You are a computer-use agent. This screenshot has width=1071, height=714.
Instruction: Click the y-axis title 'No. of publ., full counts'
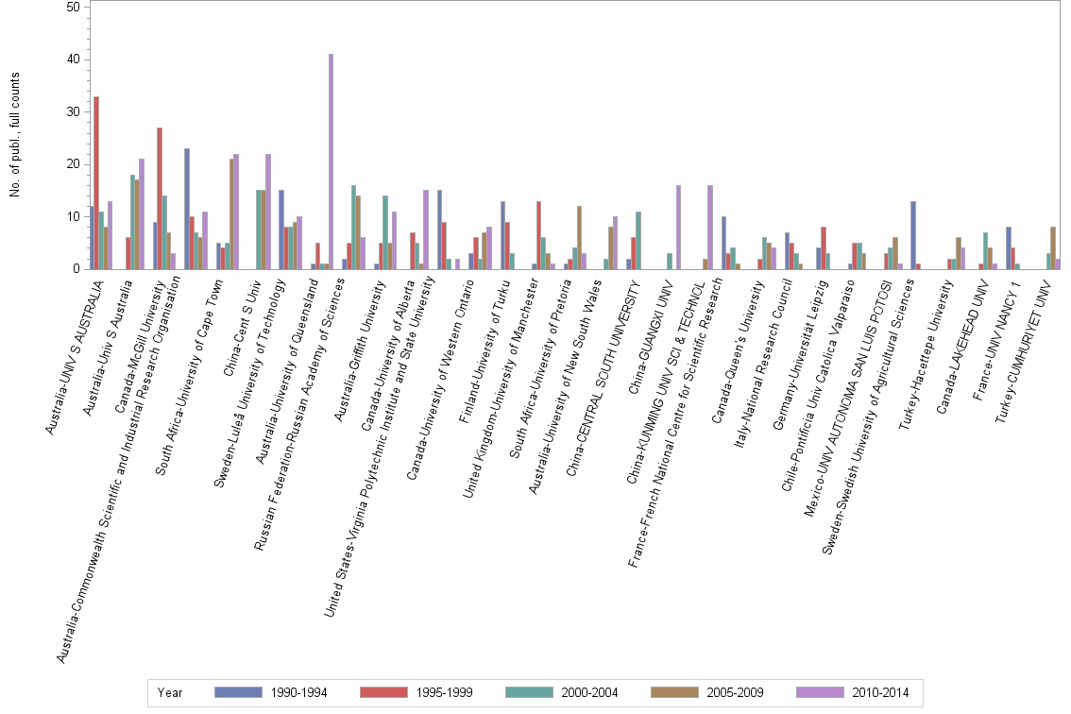pos(14,136)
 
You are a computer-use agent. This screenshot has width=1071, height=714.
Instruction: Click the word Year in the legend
pos(171,692)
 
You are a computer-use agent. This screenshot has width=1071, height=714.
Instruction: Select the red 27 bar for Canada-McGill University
pos(160,198)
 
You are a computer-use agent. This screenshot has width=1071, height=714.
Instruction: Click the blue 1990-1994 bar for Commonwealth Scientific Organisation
pos(187,208)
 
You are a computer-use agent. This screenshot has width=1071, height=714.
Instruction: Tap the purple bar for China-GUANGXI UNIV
pos(678,227)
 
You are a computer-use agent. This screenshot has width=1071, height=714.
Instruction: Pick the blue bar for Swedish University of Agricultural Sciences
pos(913,235)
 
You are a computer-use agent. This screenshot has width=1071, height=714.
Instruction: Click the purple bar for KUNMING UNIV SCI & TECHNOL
pos(709,227)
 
